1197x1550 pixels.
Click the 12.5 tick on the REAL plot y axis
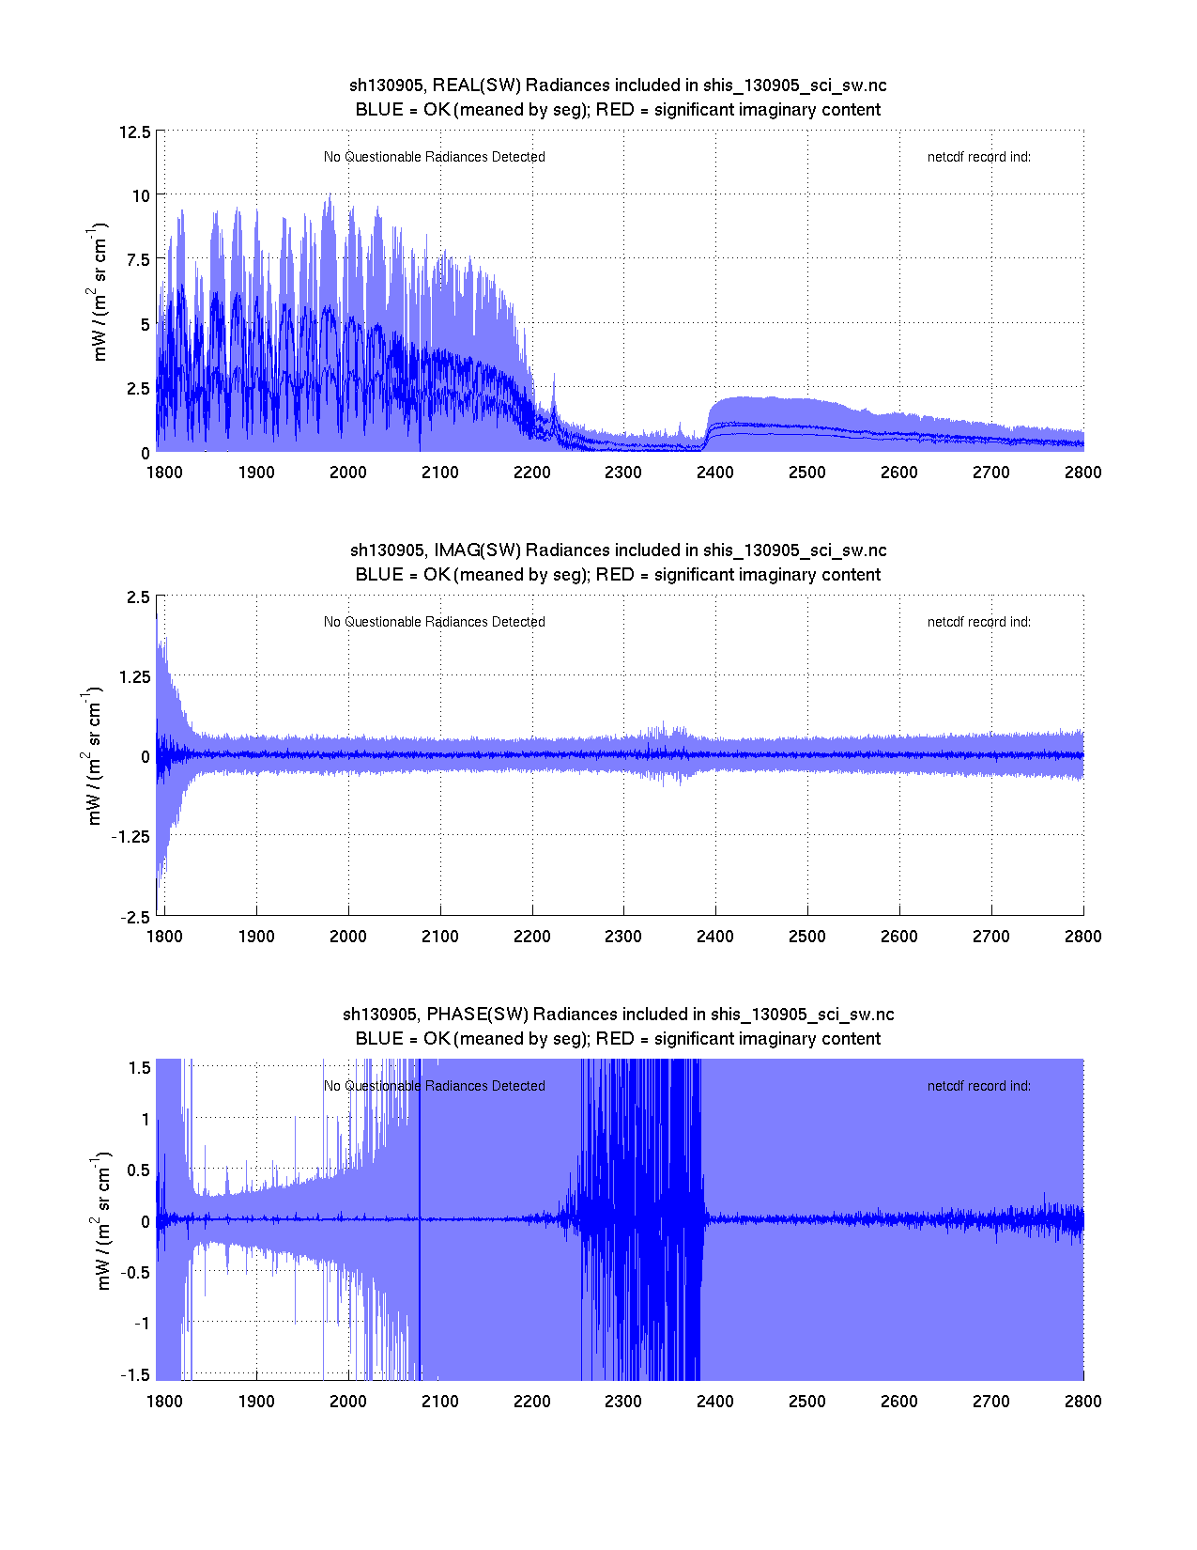(x=134, y=132)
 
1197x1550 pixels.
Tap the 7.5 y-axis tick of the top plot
(x=138, y=260)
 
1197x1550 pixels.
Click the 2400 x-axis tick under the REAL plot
(x=715, y=473)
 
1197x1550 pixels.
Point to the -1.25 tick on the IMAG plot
(x=130, y=837)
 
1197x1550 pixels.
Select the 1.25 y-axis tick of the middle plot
(x=132, y=677)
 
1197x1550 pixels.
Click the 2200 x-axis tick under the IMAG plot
(x=531, y=937)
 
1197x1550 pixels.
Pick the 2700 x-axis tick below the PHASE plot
(x=990, y=1402)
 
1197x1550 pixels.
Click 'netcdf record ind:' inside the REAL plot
(x=978, y=157)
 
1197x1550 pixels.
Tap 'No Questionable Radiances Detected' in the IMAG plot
(x=434, y=622)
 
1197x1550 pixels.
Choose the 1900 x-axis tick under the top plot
(x=256, y=473)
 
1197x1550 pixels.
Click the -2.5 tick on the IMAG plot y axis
(x=135, y=917)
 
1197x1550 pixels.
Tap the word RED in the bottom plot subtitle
(x=615, y=1039)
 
